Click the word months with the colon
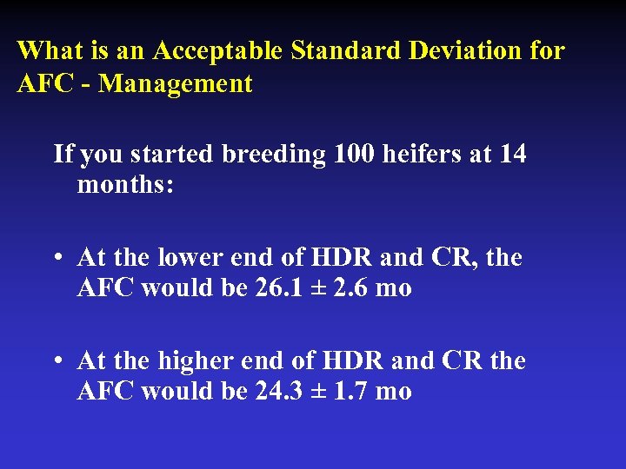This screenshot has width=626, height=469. pyautogui.click(x=125, y=186)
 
